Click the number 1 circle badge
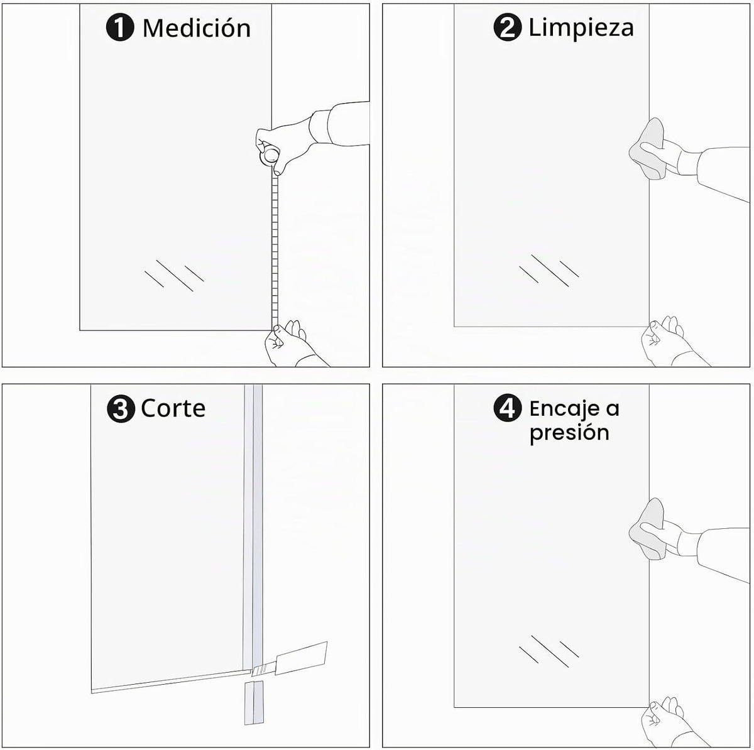click(120, 27)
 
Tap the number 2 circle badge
click(508, 27)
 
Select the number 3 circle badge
click(120, 409)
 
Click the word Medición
click(197, 28)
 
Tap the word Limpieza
click(581, 28)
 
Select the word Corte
click(173, 409)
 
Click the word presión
click(569, 433)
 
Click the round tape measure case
click(270, 156)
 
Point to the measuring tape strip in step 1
click(275, 251)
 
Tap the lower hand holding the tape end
click(292, 344)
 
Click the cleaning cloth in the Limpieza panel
click(647, 149)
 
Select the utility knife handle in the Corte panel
click(302, 658)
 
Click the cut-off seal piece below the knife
click(254, 703)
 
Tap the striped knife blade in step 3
click(264, 670)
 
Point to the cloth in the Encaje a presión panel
click(647, 530)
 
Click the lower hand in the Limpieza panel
click(671, 342)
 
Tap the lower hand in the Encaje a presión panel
click(671, 723)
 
